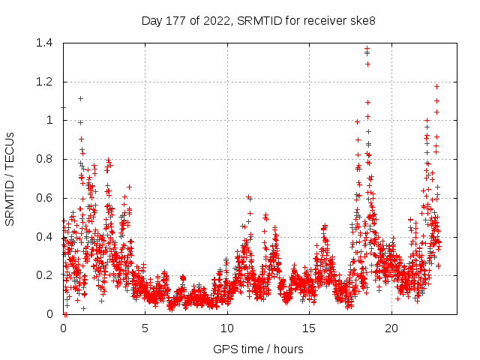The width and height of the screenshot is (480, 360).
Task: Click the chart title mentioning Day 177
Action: click(259, 20)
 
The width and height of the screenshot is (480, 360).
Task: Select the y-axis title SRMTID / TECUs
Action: click(10, 178)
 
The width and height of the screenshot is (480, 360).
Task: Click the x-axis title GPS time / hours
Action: click(258, 349)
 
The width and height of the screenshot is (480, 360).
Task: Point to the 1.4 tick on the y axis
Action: click(46, 43)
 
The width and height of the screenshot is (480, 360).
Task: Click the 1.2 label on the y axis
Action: click(46, 82)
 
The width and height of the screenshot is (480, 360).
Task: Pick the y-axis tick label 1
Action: click(52, 120)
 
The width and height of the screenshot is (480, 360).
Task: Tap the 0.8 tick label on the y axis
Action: click(46, 159)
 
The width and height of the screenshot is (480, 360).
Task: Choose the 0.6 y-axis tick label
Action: click(46, 198)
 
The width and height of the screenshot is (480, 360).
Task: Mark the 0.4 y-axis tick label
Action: click(46, 237)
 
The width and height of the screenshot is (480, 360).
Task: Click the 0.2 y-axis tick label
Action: click(46, 275)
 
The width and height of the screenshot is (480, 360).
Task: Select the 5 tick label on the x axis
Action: click(145, 328)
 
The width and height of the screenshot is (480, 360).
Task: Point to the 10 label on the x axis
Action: click(227, 328)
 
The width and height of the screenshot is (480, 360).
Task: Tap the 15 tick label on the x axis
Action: click(309, 328)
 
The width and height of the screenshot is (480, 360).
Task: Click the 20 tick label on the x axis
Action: click(391, 328)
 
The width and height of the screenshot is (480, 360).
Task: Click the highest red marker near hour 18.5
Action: click(367, 49)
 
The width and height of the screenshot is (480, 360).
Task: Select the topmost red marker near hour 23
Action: click(436, 86)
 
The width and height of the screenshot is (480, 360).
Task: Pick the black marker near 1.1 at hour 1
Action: click(80, 98)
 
